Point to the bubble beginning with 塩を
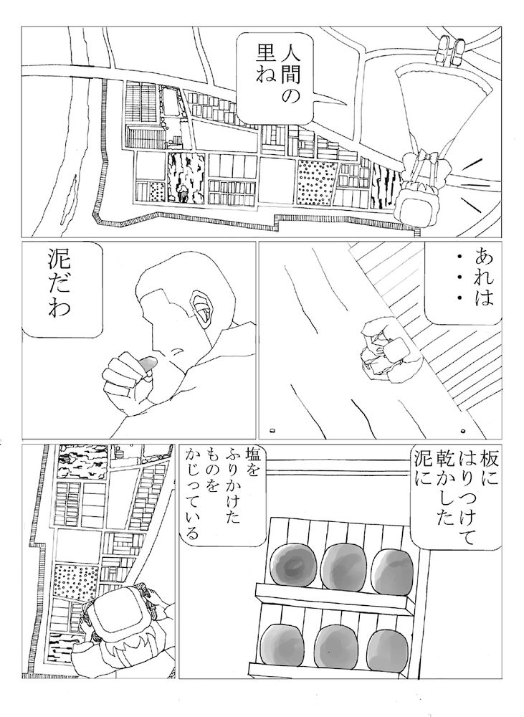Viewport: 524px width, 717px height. coord(224,495)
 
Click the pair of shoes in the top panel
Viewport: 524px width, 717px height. coord(450,49)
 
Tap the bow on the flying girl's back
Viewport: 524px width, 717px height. coord(423,158)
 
